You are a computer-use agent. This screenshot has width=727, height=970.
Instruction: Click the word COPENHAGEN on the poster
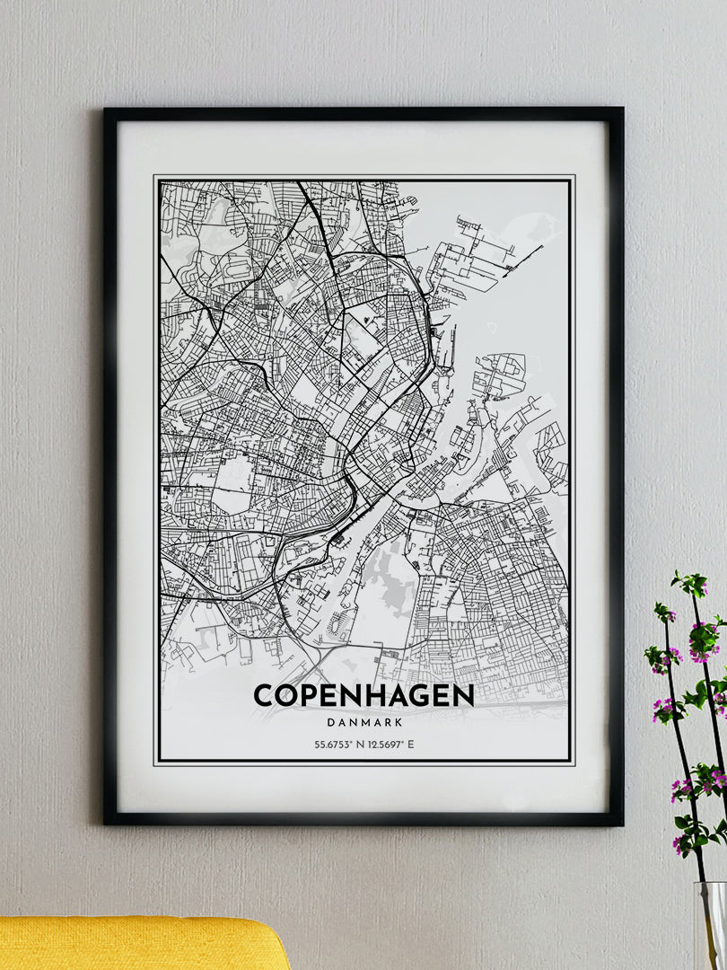363,695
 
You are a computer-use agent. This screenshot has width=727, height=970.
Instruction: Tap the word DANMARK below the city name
363,720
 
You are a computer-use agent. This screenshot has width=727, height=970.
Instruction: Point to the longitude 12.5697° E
391,745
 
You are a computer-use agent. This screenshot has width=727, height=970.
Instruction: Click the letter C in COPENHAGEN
263,695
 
